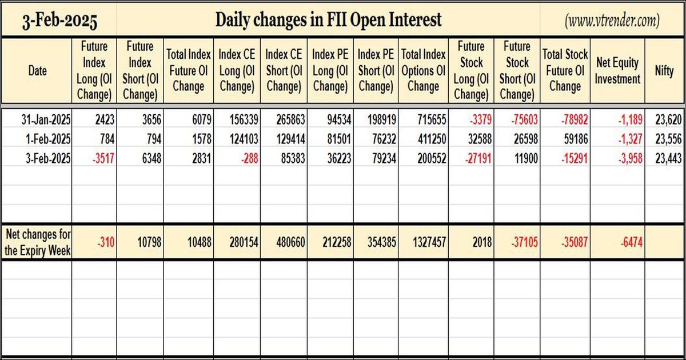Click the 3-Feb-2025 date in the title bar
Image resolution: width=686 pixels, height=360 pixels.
tap(59, 21)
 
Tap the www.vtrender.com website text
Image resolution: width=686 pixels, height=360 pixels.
tap(612, 21)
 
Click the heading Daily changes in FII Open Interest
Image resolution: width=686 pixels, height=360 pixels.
tap(328, 20)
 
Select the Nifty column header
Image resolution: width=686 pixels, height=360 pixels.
tap(664, 71)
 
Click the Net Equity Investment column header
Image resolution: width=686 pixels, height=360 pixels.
tap(617, 71)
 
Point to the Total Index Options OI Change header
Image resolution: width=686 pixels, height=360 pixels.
tap(423, 71)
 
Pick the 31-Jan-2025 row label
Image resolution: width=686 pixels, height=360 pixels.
tap(46, 119)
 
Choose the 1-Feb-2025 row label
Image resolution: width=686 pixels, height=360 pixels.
tap(48, 139)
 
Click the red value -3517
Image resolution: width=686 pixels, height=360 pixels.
tap(103, 159)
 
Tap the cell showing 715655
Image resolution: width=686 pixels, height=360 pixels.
tap(432, 119)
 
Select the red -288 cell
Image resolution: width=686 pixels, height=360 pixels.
tap(250, 159)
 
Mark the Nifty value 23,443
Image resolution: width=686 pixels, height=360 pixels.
tap(668, 159)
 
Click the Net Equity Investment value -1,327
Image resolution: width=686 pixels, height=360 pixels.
tap(630, 139)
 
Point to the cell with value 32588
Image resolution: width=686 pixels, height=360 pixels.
tap(480, 139)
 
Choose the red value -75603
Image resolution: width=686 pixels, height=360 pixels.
tap(524, 119)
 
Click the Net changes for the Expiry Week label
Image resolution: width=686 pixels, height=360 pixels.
tap(38, 242)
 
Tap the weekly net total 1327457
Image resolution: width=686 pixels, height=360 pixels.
tap(429, 242)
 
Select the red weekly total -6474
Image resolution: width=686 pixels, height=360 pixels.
tap(632, 242)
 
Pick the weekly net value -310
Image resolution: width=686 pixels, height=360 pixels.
tap(106, 242)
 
